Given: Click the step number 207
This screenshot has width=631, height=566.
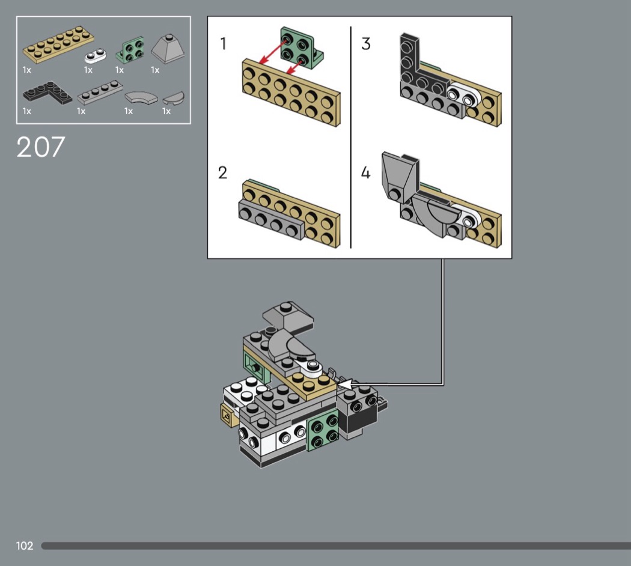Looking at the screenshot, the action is click(x=41, y=147).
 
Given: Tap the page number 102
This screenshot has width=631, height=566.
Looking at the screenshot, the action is click(x=25, y=546).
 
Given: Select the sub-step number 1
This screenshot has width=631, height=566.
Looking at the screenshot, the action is click(x=224, y=43).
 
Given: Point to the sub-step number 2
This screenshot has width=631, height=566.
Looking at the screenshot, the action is click(x=222, y=172).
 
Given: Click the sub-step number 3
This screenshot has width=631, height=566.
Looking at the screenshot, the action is click(x=366, y=43).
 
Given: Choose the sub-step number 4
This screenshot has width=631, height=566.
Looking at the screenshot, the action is click(x=365, y=173).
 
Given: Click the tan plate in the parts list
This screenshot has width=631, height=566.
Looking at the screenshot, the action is click(x=58, y=44).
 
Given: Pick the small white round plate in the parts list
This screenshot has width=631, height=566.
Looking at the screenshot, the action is click(x=95, y=56).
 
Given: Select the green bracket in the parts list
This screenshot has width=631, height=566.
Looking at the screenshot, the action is click(x=130, y=50).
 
